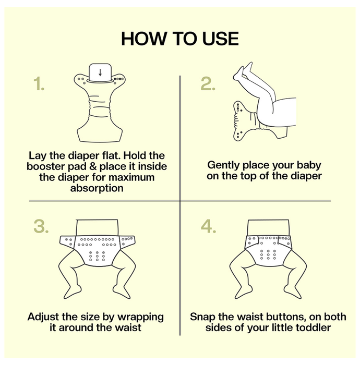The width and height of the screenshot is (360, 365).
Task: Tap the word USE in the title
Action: pyautogui.click(x=221, y=39)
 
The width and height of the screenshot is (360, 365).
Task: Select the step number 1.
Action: pyautogui.click(x=39, y=83)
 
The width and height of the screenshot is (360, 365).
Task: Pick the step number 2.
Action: pyautogui.click(x=208, y=83)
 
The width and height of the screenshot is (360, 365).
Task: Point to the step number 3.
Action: pyautogui.click(x=41, y=226)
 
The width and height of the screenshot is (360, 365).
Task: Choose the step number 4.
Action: pyautogui.click(x=208, y=226)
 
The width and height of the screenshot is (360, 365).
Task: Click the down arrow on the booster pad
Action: pyautogui.click(x=100, y=72)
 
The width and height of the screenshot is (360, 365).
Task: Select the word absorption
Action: pyautogui.click(x=97, y=188)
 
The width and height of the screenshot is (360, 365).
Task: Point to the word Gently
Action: pyautogui.click(x=223, y=165)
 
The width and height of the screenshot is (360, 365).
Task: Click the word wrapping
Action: pyautogui.click(x=140, y=318)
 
